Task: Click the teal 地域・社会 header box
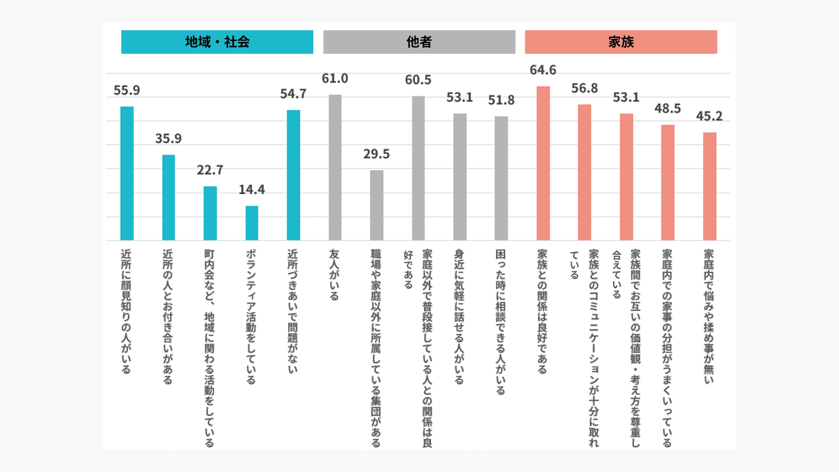click(x=217, y=42)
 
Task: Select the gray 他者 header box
click(x=419, y=42)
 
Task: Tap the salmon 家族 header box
click(x=621, y=42)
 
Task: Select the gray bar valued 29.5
click(x=377, y=205)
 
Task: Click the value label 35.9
click(x=168, y=139)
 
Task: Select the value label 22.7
click(x=210, y=170)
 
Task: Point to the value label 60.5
click(x=418, y=80)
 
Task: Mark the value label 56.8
click(x=585, y=88)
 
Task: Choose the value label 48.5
click(x=668, y=108)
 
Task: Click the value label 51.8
click(x=501, y=100)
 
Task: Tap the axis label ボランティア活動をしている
click(x=251, y=316)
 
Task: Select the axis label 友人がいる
click(x=334, y=274)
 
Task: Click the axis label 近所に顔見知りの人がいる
click(x=126, y=311)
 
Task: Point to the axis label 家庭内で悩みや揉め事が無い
click(x=709, y=316)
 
